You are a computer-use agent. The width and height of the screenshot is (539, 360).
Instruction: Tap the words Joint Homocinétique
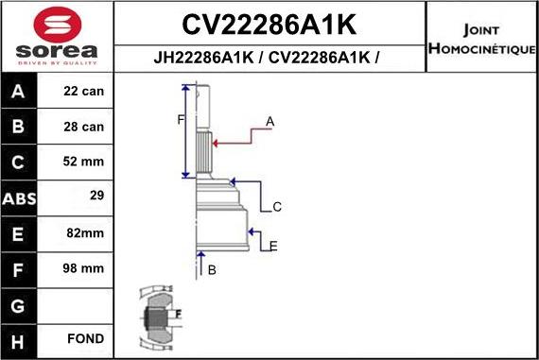point(481,37)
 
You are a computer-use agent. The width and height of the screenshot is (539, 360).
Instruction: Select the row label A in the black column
point(20,93)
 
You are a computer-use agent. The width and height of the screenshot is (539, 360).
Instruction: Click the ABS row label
point(20,198)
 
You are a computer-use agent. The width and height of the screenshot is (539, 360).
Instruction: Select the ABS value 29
point(95,197)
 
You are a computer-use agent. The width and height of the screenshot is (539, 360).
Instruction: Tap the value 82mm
point(85,233)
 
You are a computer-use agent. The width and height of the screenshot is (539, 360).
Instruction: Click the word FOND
point(85,338)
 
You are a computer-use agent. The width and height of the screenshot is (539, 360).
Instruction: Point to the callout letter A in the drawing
point(269,121)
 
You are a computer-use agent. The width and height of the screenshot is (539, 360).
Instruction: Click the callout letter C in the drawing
point(277,207)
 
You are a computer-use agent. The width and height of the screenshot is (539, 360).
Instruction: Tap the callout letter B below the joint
point(212,270)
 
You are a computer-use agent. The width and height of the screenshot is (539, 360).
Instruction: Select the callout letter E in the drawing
point(273,246)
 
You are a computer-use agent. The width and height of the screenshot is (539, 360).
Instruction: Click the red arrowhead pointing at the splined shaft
point(217,143)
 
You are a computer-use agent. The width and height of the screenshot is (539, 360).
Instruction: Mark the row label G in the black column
point(20,304)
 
